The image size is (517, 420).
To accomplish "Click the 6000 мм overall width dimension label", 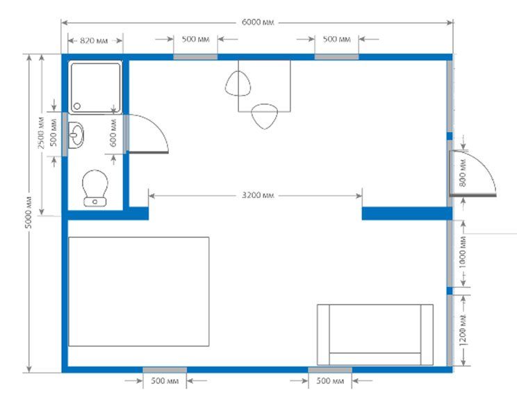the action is pos(258,22).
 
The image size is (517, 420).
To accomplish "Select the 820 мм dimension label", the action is pos(94,40).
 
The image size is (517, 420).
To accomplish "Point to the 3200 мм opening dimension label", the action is pos(258,195).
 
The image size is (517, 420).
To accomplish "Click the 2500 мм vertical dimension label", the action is pos(41,133).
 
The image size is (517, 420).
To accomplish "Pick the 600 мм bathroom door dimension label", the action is pos(113,133).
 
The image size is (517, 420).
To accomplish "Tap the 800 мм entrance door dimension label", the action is pos(463,173).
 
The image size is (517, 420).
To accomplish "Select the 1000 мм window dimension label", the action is pos(463,252).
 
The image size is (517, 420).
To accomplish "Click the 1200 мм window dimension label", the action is pos(463,331).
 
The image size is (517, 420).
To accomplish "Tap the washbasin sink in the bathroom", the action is pos(76,135).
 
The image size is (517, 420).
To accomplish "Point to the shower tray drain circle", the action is pos(77,106).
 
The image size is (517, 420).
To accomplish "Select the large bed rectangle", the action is pos(138,291).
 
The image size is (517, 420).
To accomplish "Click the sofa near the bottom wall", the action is pos(375,334).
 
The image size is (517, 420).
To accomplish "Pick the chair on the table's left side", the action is pos(238,83).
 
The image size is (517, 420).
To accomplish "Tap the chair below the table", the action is pos(264,116).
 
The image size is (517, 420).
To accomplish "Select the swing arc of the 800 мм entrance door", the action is pos(485,164).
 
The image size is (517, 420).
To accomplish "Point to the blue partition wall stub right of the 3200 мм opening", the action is pos(407,213).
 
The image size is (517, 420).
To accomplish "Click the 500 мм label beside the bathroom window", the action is pos(54,134).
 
